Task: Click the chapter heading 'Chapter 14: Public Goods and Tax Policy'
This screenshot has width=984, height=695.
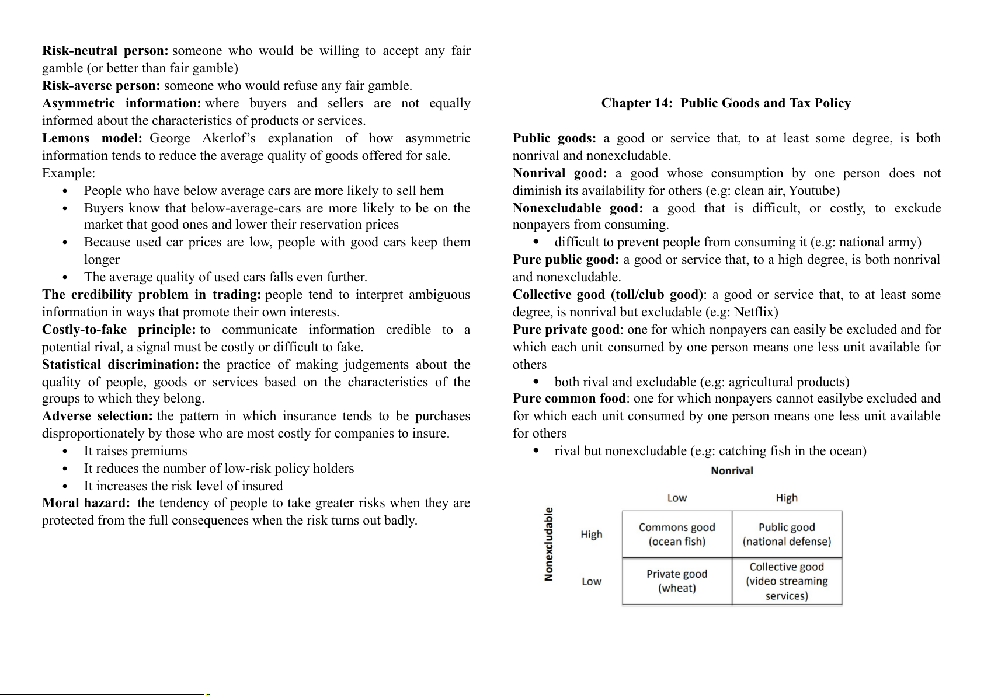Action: (x=726, y=103)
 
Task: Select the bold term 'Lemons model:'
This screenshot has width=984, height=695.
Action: (x=92, y=138)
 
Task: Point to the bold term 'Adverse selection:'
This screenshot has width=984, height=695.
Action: (x=98, y=416)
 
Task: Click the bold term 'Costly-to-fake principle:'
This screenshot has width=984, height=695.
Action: (x=119, y=330)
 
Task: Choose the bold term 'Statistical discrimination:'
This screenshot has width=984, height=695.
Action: (x=120, y=365)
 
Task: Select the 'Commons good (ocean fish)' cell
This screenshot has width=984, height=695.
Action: (x=677, y=535)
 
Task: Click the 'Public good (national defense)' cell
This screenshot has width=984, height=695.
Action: (x=787, y=535)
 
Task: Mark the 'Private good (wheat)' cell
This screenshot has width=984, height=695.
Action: (x=677, y=581)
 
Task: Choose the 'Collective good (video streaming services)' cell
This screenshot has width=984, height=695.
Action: (x=787, y=581)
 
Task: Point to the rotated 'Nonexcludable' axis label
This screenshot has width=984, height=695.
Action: (x=549, y=544)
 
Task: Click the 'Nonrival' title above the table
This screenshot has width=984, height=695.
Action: (x=732, y=471)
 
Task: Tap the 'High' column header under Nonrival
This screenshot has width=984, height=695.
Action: (x=787, y=498)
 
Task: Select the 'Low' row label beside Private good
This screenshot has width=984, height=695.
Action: (x=591, y=581)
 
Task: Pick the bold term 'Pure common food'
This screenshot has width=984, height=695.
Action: (x=569, y=399)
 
